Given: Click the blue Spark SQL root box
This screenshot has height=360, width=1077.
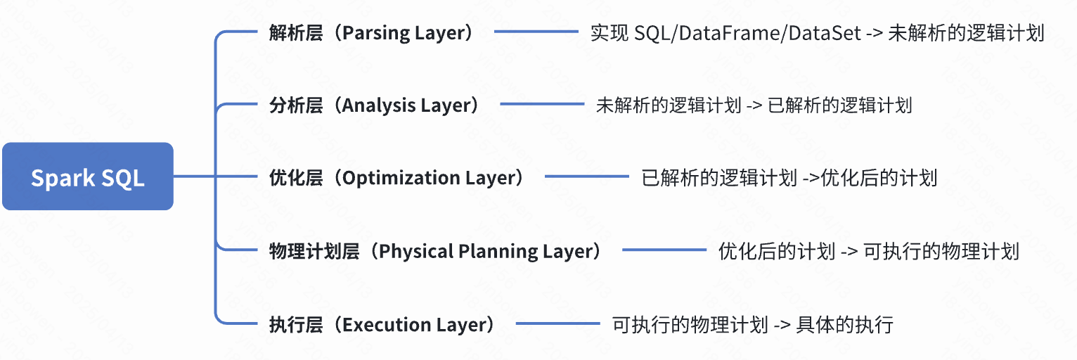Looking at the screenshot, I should [x=87, y=176].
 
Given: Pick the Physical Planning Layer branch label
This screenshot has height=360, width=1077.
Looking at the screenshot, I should [x=436, y=251].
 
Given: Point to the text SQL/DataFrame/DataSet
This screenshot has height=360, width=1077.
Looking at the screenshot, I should [x=747, y=33].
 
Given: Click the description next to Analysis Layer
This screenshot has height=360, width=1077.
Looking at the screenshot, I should [x=754, y=105].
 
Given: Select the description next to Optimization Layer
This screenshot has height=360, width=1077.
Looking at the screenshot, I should [x=789, y=178].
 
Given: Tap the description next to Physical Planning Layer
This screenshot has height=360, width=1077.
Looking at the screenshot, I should [x=868, y=251].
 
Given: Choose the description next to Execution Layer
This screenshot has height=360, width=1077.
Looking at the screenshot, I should [x=752, y=324].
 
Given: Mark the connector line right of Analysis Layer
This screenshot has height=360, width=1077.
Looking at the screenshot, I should [x=542, y=105].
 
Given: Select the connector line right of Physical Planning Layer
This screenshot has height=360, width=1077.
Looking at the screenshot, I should [x=664, y=250].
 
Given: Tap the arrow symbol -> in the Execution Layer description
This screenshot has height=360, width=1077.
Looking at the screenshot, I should [x=782, y=324].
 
